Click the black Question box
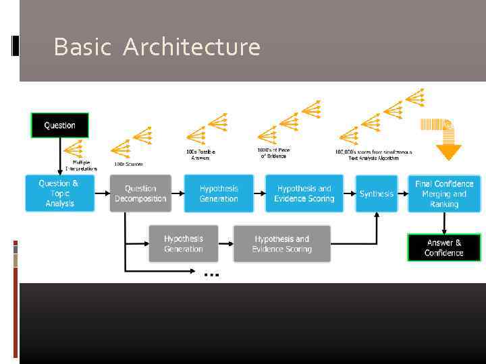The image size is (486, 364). tap(59, 125)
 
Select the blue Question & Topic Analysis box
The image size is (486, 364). tap(59, 193)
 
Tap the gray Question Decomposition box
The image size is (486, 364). tap(140, 193)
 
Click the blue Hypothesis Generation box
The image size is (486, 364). tap(219, 193)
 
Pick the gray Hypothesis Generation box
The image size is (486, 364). tap(183, 243)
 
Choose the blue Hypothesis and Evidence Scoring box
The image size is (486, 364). tap(304, 193)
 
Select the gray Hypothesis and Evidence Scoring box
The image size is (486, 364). tap(281, 243)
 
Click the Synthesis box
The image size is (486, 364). tap(376, 193)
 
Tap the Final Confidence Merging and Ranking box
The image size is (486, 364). tap(444, 193)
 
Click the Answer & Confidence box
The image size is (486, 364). tap(444, 247)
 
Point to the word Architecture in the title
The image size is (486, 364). tap(192, 47)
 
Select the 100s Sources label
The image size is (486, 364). tap(128, 164)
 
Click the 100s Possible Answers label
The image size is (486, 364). tap(200, 155)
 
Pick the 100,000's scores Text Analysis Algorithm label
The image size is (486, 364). tap(373, 154)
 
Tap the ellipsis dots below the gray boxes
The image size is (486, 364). tap(211, 275)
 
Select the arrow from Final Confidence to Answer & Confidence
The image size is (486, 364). tap(443, 223)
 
